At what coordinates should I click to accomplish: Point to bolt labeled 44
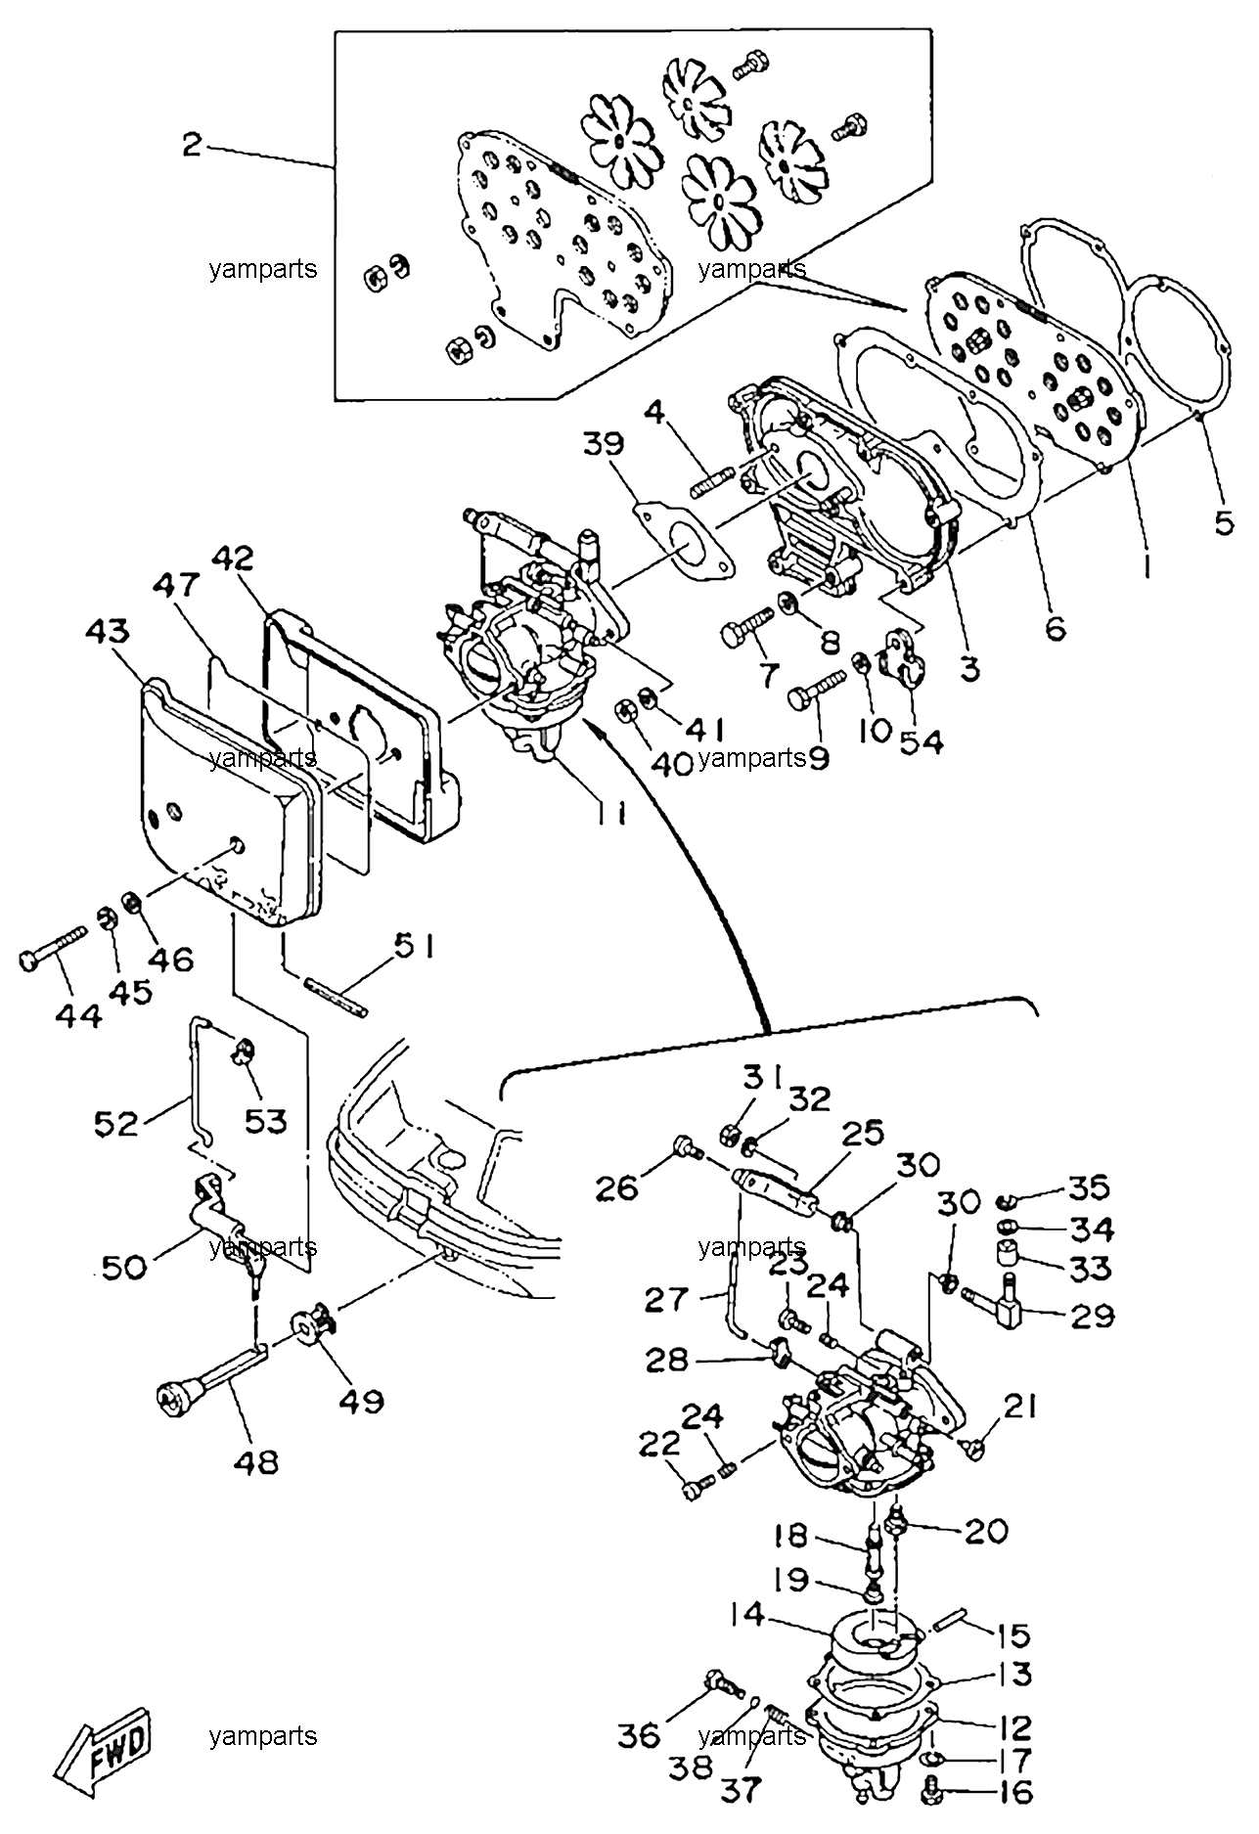coord(56,946)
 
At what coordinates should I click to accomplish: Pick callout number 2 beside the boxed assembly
coord(192,146)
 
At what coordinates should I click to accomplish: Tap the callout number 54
coord(921,741)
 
